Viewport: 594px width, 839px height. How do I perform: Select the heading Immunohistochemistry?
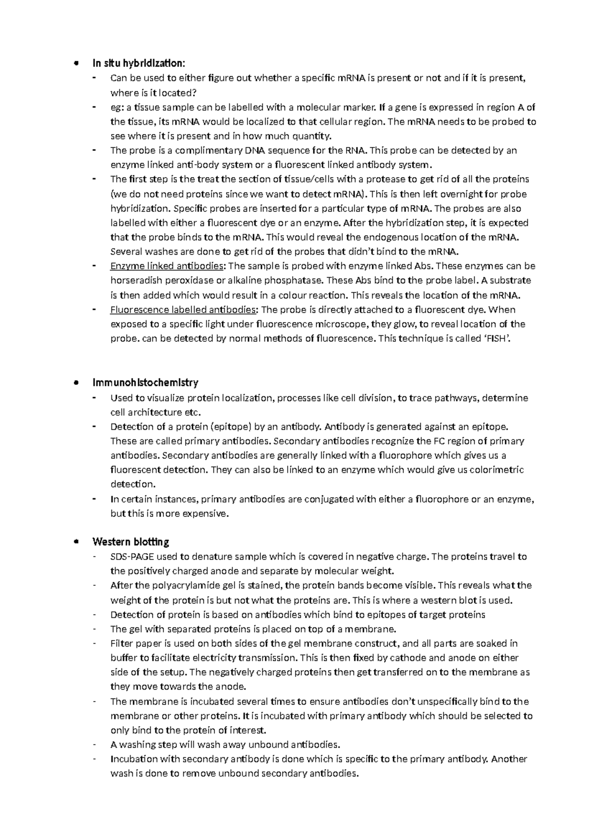[x=145, y=382]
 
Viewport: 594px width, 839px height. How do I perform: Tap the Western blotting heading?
[x=131, y=541]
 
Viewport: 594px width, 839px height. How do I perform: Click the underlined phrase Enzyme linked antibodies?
[x=167, y=266]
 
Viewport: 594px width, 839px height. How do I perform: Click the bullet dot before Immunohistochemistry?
[x=75, y=383]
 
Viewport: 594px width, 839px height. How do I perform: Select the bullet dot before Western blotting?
[x=75, y=542]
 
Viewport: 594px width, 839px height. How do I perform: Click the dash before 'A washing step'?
[x=94, y=745]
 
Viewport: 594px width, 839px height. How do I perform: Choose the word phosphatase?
[x=294, y=280]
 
